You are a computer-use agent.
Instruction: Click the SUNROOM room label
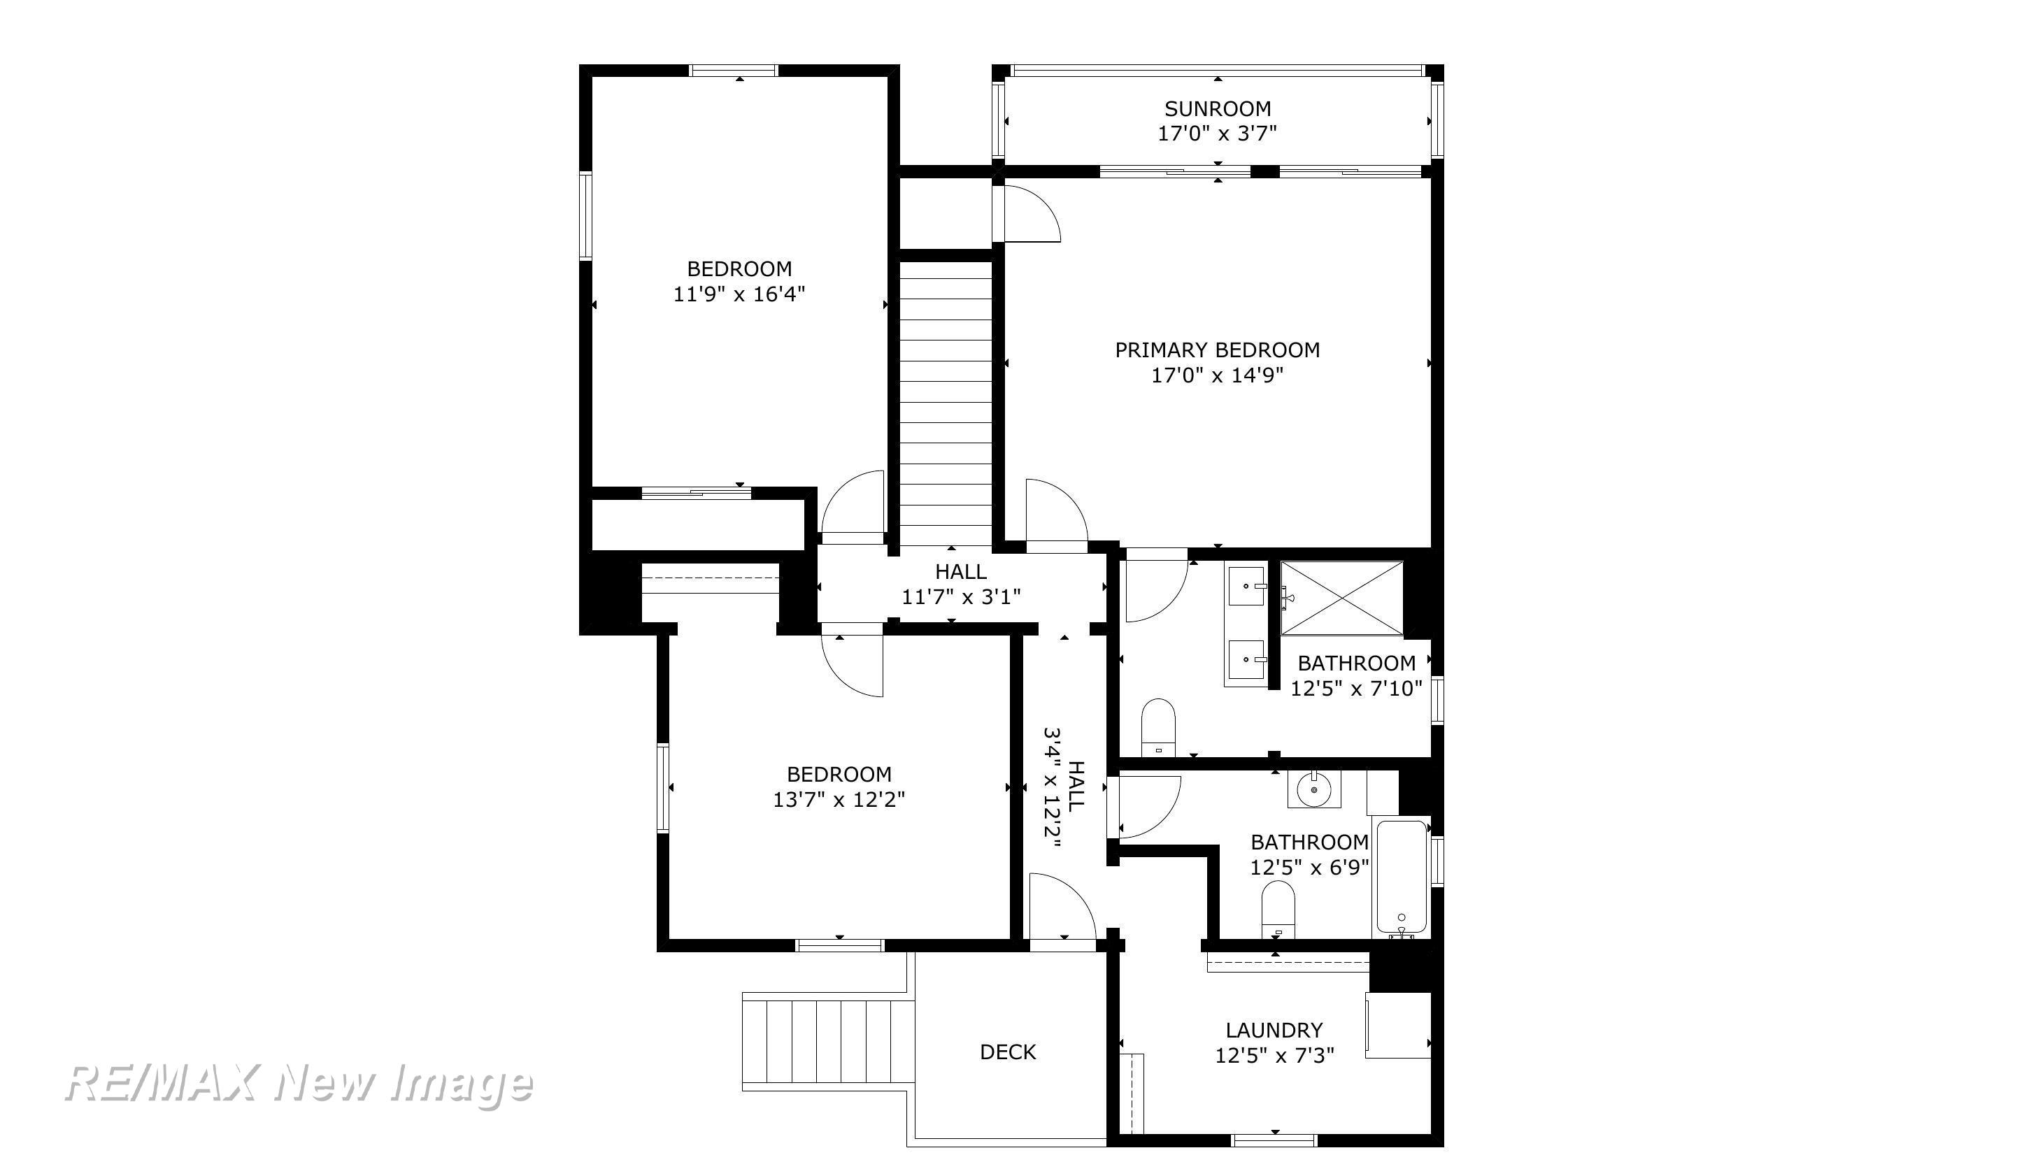[x=1217, y=108]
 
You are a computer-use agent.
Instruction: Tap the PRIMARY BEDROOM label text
[x=1217, y=350]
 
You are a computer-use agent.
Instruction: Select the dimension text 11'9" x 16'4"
[x=739, y=294]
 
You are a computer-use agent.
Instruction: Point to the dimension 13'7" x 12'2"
[x=839, y=800]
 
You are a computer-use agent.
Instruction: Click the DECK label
[x=1008, y=1052]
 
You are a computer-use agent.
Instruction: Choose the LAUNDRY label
[x=1274, y=1031]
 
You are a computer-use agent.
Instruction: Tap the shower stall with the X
[x=1341, y=598]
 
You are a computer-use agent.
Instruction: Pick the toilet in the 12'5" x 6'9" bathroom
[x=1278, y=910]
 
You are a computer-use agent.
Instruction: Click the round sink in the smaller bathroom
[x=1313, y=790]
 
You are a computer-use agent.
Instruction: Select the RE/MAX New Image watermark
[x=299, y=1084]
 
